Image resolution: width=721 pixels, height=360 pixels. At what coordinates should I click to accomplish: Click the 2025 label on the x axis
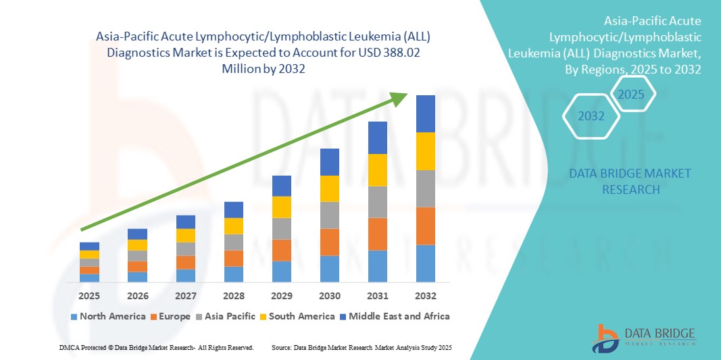pos(89,296)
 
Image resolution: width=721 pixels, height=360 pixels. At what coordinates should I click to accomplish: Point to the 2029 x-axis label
pos(282,296)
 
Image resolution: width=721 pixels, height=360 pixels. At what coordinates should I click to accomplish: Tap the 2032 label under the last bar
pos(426,296)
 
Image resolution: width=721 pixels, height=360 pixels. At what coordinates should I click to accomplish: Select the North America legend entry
pos(107,316)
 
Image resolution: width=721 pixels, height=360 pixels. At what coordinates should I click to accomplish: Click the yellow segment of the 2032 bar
pos(426,151)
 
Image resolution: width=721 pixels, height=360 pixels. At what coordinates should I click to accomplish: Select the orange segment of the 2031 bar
pos(378,234)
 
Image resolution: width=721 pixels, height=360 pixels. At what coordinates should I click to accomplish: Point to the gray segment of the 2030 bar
pos(329,215)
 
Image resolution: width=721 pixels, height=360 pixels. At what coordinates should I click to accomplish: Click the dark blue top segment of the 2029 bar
pos(282,186)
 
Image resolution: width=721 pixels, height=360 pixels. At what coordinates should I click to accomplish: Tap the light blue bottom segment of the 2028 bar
pos(234,274)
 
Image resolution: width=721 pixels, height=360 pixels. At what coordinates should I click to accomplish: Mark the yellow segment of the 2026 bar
pos(137,245)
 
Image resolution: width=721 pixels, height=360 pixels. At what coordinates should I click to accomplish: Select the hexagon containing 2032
pos(591,116)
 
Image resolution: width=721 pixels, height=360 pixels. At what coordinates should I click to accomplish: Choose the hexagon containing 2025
pos(631,94)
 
